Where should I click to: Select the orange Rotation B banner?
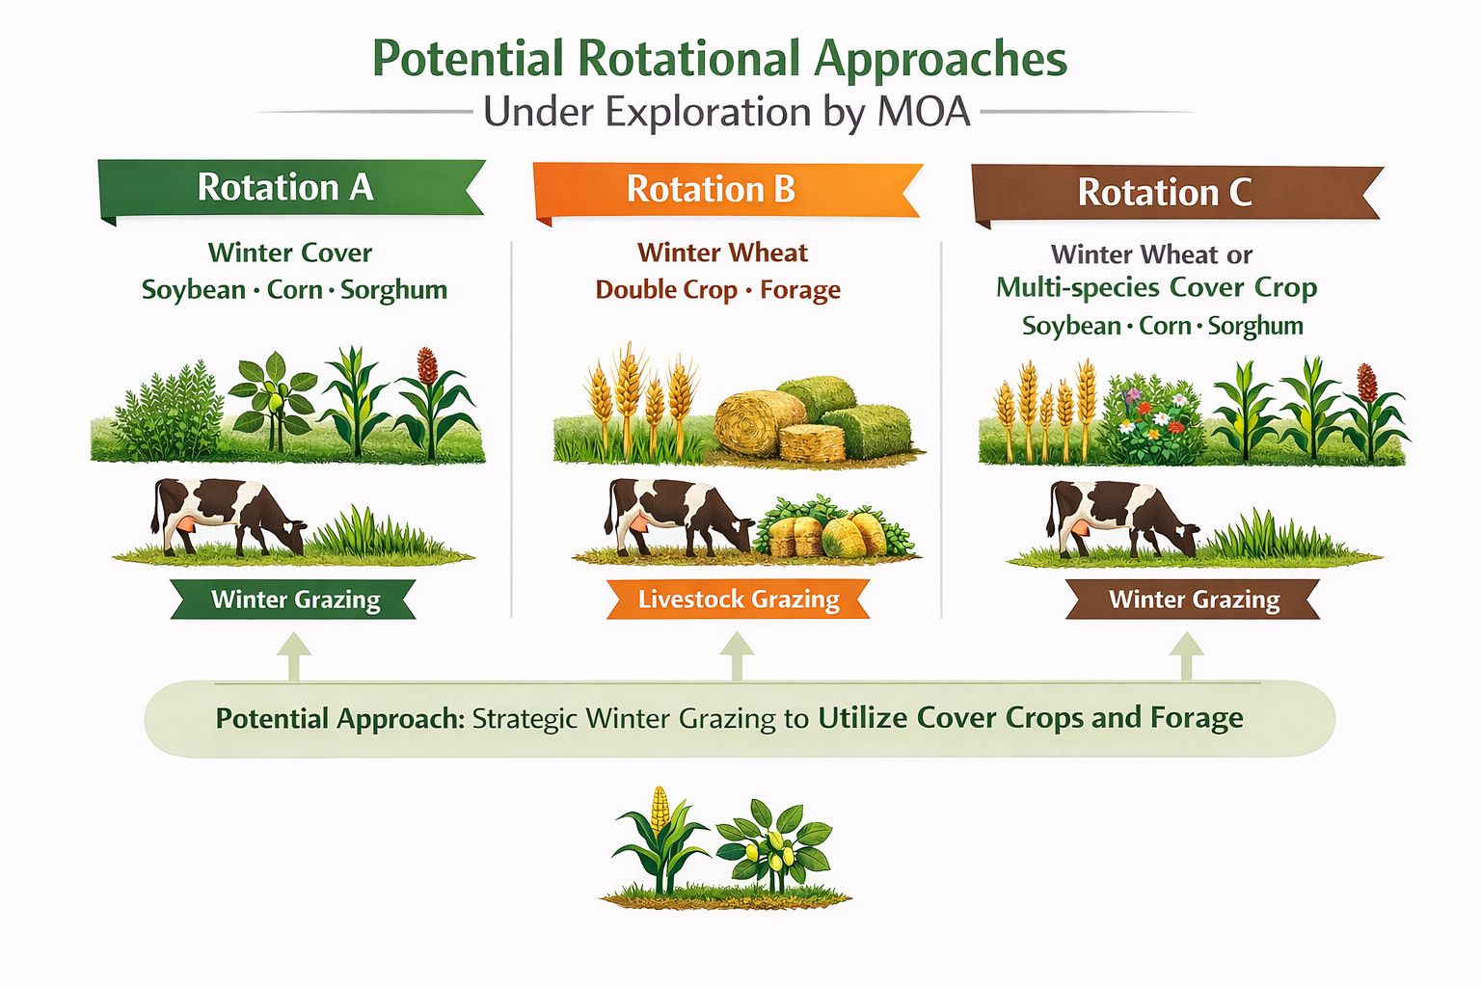coord(727,191)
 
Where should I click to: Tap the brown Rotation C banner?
coord(1177,193)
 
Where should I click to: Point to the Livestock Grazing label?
coord(739,600)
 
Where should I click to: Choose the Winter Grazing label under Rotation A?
coord(293,600)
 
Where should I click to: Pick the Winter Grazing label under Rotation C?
coord(1193,600)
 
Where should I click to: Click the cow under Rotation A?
coord(229,517)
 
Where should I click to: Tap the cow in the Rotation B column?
coord(679,517)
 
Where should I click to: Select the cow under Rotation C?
coord(1122,519)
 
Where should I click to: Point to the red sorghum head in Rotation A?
coord(427,365)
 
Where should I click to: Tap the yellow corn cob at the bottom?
coord(660,810)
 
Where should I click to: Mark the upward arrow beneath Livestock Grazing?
coord(737,655)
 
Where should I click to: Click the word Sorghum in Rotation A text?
coord(394,290)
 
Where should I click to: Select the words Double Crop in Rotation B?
coord(666,290)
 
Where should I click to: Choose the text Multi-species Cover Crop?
coord(1156,288)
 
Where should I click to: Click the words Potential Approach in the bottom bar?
coord(340,719)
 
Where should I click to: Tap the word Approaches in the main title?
coord(940,60)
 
